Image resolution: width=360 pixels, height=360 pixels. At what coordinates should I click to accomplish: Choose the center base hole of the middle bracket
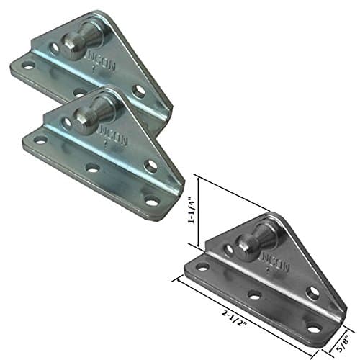pos(93,167)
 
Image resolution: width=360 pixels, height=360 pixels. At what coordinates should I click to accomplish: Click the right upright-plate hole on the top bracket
pos(138,91)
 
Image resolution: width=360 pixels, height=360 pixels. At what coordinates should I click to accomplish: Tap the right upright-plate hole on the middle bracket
pos(150,166)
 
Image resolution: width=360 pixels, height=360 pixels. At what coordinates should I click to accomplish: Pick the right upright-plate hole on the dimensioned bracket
pos(312,292)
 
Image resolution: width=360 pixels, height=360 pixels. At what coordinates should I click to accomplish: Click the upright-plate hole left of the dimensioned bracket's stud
pos(228,250)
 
